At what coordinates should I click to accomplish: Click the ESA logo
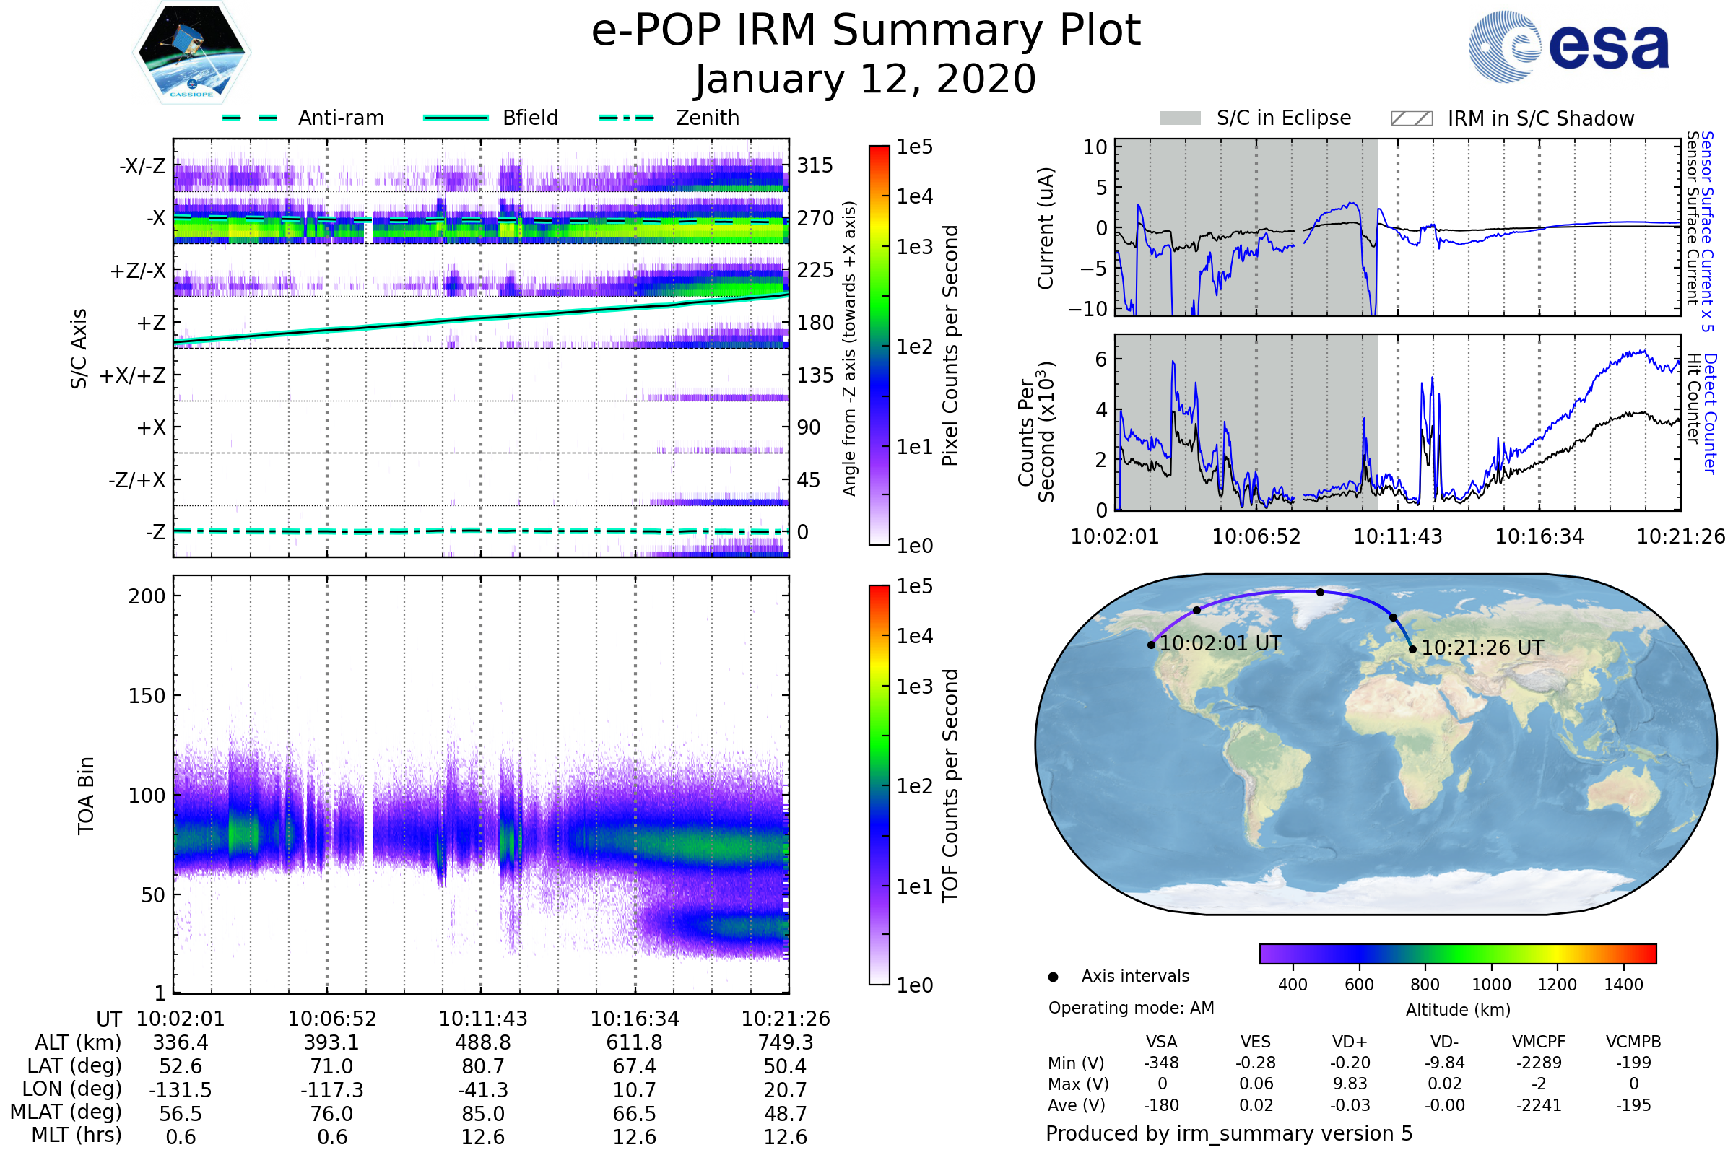coord(1568,45)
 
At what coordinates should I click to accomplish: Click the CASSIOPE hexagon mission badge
coord(191,52)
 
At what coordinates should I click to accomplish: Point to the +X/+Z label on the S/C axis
coord(133,375)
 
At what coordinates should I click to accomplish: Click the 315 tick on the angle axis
coord(815,165)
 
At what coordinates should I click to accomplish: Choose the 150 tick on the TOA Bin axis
coord(147,696)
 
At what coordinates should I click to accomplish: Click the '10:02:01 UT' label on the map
coord(1220,644)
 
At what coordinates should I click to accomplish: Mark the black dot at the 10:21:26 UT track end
coord(1412,650)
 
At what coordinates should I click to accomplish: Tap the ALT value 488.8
coord(482,1043)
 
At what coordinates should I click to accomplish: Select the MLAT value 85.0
coord(482,1114)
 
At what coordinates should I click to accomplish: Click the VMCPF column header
coord(1539,1042)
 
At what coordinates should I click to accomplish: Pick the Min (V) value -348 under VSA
coord(1161,1063)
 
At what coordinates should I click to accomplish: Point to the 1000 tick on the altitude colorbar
coord(1491,985)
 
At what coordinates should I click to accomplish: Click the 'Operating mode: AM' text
coord(1131,1008)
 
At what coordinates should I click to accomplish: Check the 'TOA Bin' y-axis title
coord(86,796)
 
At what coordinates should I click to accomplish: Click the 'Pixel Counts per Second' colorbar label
coord(950,346)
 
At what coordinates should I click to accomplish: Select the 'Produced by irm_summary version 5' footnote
coord(1229,1133)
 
